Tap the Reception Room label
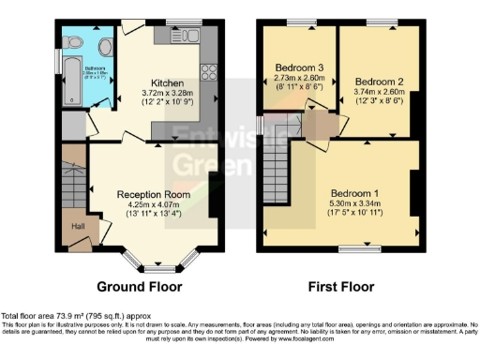coord(153,195)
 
